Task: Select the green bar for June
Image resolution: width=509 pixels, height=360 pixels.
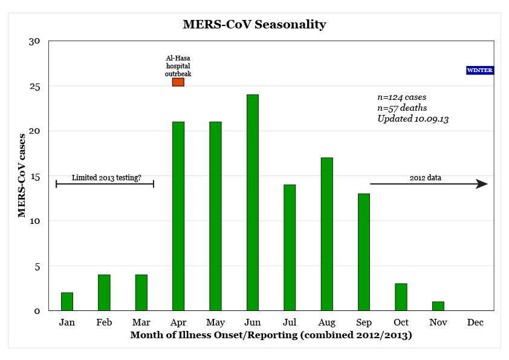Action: pos(253,203)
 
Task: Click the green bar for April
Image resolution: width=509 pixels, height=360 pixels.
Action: pos(178,216)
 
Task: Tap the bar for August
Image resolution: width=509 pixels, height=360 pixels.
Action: pos(326,234)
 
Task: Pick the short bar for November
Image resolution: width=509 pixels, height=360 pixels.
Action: pos(438,306)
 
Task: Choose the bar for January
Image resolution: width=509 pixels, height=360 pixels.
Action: pos(67,301)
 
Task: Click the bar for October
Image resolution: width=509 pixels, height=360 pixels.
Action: pos(401,297)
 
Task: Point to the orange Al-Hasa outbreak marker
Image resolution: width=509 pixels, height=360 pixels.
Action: pos(178,82)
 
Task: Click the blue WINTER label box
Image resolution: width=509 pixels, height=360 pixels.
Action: pos(480,70)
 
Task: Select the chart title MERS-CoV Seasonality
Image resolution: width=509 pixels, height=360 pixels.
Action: pos(254,25)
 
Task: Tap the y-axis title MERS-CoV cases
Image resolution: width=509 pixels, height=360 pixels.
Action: pos(22,175)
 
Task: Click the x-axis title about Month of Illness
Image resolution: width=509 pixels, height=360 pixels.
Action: pos(271,335)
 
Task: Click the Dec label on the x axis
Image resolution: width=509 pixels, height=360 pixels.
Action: pos(475,322)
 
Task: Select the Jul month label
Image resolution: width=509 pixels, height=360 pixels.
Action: pos(290,322)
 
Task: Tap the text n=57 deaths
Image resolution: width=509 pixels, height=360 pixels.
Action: pos(402,108)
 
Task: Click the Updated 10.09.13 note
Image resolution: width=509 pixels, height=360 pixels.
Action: pos(413,119)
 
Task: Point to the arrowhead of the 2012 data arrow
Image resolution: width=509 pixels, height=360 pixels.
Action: pos(482,184)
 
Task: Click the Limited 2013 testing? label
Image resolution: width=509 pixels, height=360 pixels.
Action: pos(106,178)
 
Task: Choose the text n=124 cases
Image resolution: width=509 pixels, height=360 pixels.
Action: pos(402,97)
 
